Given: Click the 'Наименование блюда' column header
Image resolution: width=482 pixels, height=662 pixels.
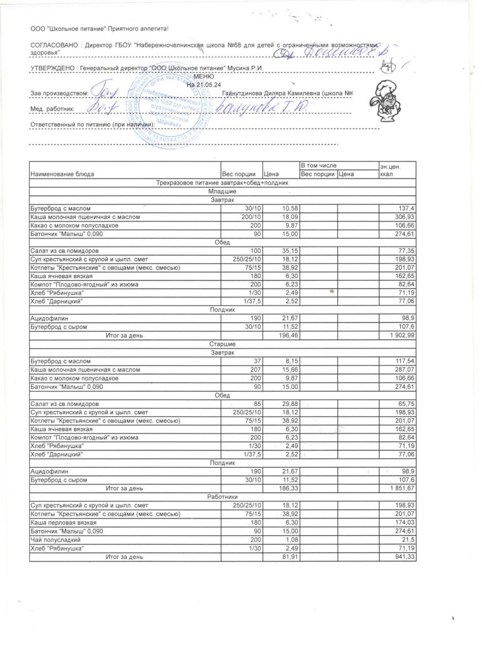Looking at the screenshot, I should click(x=62, y=174).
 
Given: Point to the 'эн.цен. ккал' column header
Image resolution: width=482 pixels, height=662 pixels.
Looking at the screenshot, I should click(x=390, y=170).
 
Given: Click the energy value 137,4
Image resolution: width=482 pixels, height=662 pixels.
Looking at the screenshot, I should click(x=405, y=208).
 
